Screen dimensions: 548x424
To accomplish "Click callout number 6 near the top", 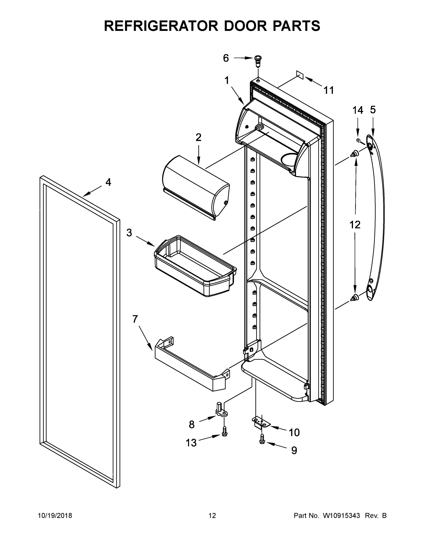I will tap(226, 58).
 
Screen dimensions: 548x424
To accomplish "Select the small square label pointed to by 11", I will tap(300, 75).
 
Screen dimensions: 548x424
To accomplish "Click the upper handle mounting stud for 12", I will tap(355, 153).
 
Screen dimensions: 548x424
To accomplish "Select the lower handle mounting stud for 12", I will tap(355, 298).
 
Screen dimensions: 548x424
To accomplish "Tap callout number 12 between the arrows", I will tap(355, 225).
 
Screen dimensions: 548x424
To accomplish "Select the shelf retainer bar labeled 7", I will tap(191, 364).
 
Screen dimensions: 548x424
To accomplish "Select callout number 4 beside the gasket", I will tap(108, 182).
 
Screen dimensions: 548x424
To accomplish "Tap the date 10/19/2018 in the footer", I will tap(55, 516).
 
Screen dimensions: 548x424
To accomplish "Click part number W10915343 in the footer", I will tap(341, 516).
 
